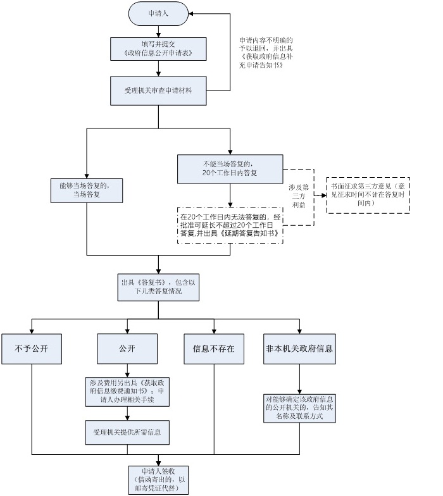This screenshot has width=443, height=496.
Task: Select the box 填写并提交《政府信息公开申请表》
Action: pyautogui.click(x=158, y=48)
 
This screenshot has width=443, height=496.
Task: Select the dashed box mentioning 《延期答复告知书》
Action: pyautogui.click(x=230, y=225)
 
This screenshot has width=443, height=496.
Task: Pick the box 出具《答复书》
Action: pyautogui.click(x=158, y=288)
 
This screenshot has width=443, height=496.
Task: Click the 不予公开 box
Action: pyautogui.click(x=31, y=349)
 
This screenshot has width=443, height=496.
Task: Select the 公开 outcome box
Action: pyautogui.click(x=127, y=349)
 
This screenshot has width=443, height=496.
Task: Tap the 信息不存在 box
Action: pyautogui.click(x=214, y=349)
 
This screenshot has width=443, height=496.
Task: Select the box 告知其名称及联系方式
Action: pyautogui.click(x=300, y=409)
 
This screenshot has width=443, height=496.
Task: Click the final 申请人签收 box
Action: pyautogui.click(x=158, y=480)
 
